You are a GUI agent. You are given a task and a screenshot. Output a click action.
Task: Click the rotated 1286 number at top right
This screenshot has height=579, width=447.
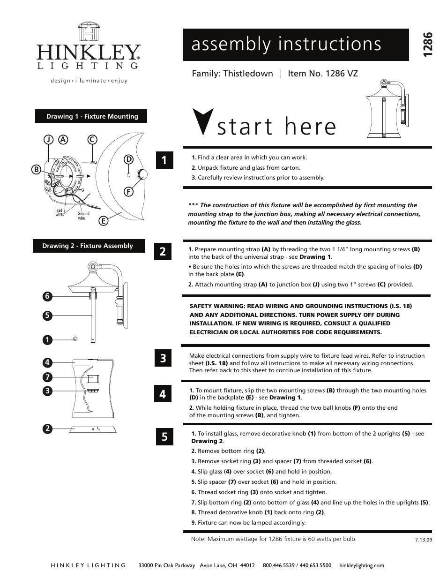pos(426,46)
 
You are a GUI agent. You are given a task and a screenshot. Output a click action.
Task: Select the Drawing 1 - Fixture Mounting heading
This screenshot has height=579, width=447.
pos(92,116)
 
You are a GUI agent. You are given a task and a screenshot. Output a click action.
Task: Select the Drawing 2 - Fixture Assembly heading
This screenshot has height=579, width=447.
pos(88,246)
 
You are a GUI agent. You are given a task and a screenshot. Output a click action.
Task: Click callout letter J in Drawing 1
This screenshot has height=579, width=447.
pos(47,139)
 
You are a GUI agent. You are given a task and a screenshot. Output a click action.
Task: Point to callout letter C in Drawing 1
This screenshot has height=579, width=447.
pos(92,139)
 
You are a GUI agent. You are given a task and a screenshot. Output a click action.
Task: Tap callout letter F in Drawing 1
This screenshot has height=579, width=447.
pos(128,191)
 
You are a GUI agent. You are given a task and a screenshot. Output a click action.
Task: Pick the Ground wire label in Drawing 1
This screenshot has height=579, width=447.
pos(83,216)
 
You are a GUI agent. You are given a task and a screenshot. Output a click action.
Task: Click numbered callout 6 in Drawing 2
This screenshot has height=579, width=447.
pos(47,296)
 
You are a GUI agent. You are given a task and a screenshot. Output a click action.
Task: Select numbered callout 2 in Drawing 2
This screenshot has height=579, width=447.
pos(47,428)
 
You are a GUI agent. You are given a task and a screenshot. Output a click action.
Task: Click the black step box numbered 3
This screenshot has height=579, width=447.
pos(163,359)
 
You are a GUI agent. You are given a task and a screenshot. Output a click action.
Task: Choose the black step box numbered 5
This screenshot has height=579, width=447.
pos(164,437)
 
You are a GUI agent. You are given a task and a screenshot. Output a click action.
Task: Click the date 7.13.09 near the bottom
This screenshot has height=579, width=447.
pos(423,540)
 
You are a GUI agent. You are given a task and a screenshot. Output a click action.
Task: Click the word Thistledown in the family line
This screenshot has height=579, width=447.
pos(248,74)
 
